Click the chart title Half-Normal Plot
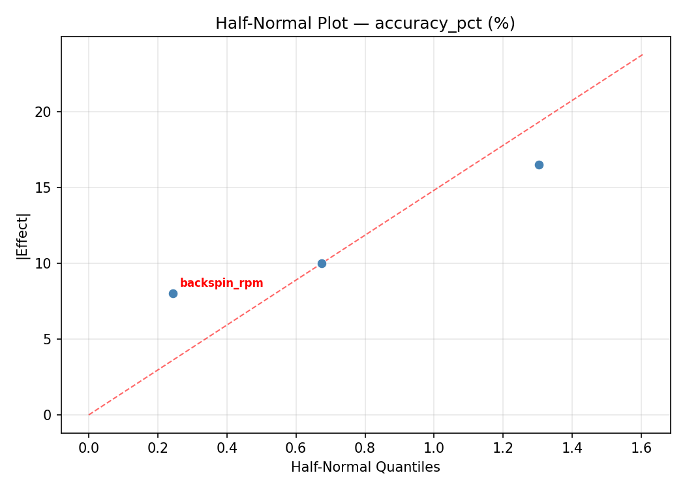365,24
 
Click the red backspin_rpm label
221,283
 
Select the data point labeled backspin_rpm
173,293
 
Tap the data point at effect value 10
322,263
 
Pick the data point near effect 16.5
539,165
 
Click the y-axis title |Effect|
23,235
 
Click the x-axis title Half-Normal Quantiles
365,467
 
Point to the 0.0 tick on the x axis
89,448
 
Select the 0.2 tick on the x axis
158,448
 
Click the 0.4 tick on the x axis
227,448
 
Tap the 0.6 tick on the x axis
296,448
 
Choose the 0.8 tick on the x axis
365,448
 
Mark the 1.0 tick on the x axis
434,448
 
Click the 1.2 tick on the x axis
503,448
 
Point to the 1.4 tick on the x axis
572,448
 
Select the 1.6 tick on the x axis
641,448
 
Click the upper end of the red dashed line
643,54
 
